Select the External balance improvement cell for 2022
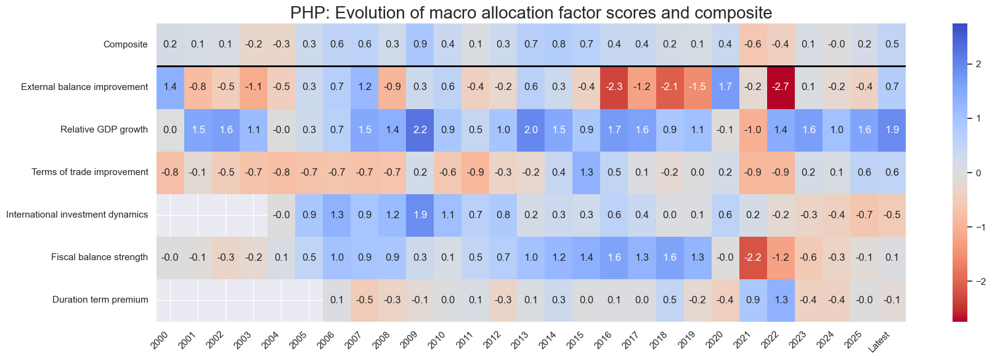pos(781,87)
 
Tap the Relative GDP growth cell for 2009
pos(420,129)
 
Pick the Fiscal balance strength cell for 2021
pos(753,257)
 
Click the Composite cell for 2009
pos(420,44)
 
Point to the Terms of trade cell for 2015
pos(587,172)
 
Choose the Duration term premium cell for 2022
pos(781,300)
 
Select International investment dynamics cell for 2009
pos(420,215)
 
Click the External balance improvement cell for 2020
pos(725,87)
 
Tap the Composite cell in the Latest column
pos(892,44)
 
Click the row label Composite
pos(126,44)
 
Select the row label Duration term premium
pos(100,300)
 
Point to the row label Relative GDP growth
pos(104,129)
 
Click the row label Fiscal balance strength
pos(99,257)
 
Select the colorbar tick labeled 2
pos(978,64)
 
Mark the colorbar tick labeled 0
pos(978,173)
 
